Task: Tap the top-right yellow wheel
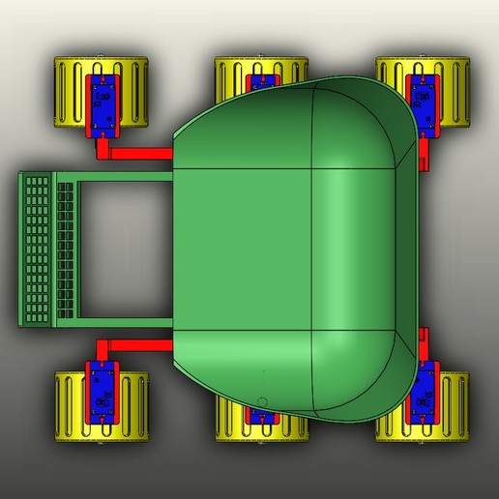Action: point(450,94)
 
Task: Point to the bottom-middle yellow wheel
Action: point(232,426)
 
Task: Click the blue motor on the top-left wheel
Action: point(103,101)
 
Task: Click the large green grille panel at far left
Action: point(36,249)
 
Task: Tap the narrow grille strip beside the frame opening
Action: point(66,249)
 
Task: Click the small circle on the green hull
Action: point(262,400)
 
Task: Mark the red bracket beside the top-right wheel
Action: point(423,155)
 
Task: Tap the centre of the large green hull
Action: point(290,249)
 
